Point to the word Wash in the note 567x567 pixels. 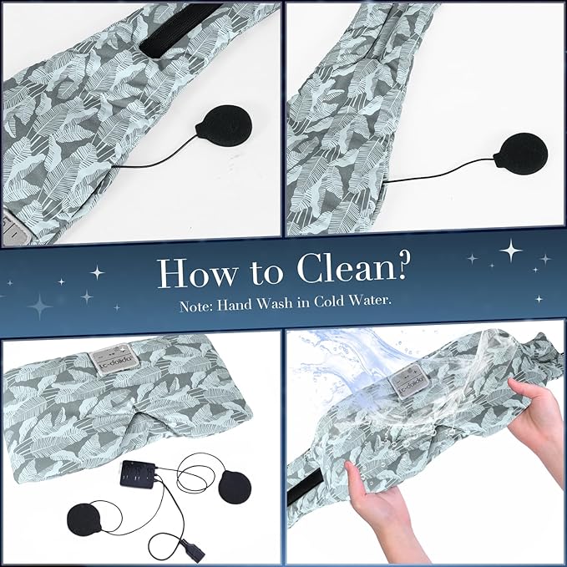click(274, 302)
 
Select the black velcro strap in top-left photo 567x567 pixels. click(180, 30)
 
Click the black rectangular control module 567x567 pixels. click(138, 474)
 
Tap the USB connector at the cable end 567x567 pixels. click(192, 549)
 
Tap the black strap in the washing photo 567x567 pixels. click(305, 489)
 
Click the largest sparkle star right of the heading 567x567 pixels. click(510, 251)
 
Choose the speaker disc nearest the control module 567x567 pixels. click(235, 486)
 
